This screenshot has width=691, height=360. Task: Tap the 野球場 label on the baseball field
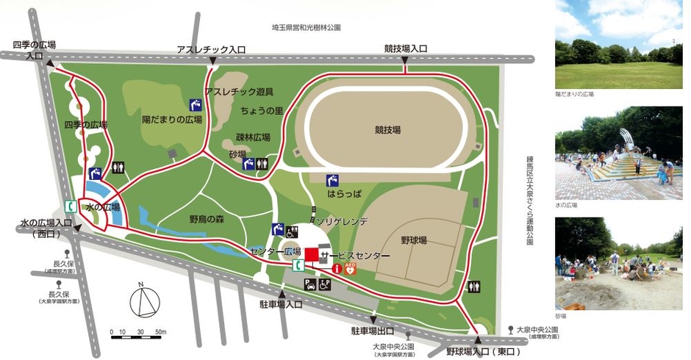[x=416, y=240]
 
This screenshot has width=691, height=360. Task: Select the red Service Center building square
[x=311, y=254]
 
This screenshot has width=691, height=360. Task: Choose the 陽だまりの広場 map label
[x=173, y=119]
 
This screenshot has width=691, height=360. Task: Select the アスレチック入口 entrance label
[x=211, y=49]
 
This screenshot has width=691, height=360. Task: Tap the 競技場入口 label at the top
[x=405, y=49]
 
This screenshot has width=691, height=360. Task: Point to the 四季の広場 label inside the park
[x=86, y=125]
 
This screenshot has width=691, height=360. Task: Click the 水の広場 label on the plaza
[x=103, y=208]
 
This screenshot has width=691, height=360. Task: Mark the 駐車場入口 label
[x=281, y=303]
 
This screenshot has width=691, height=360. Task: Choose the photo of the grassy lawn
[x=618, y=44]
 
